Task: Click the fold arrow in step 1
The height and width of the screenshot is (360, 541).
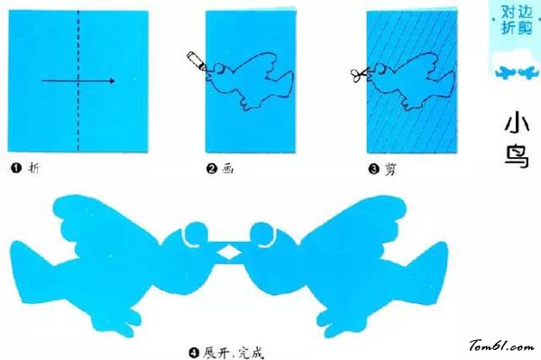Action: [78, 81]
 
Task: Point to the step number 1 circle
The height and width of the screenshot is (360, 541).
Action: [16, 167]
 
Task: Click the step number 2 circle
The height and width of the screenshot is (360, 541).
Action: [212, 167]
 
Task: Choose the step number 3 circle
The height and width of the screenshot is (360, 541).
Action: [373, 167]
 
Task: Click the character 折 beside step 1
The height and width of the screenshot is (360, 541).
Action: [34, 167]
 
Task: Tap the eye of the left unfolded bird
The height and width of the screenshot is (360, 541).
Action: [190, 237]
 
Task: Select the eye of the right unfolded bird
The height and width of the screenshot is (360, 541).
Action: [261, 237]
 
